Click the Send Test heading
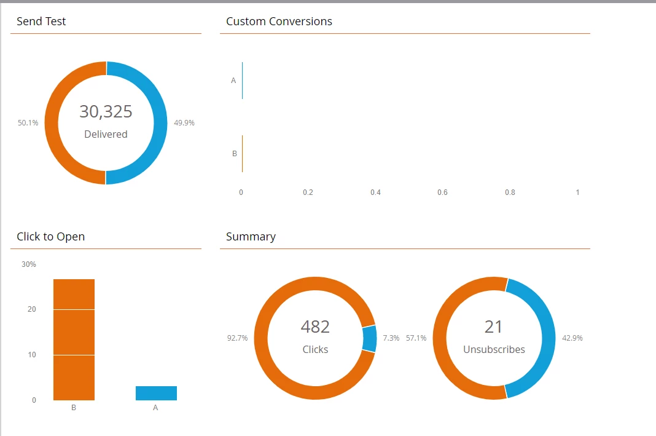(x=41, y=22)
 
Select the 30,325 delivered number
(x=106, y=111)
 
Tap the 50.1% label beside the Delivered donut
(x=28, y=123)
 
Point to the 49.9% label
(x=184, y=123)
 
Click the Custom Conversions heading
(x=279, y=22)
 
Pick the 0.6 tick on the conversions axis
(x=442, y=192)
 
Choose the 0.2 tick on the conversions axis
(x=308, y=192)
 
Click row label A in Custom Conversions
(x=233, y=81)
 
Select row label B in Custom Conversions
(x=234, y=154)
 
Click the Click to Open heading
(x=51, y=237)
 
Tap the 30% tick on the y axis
(x=29, y=264)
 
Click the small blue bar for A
(x=156, y=393)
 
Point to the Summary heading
(x=251, y=237)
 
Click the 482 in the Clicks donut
(x=315, y=327)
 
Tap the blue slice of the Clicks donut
(x=369, y=339)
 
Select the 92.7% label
(x=238, y=338)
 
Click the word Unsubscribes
(x=494, y=349)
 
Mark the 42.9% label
(x=572, y=338)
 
